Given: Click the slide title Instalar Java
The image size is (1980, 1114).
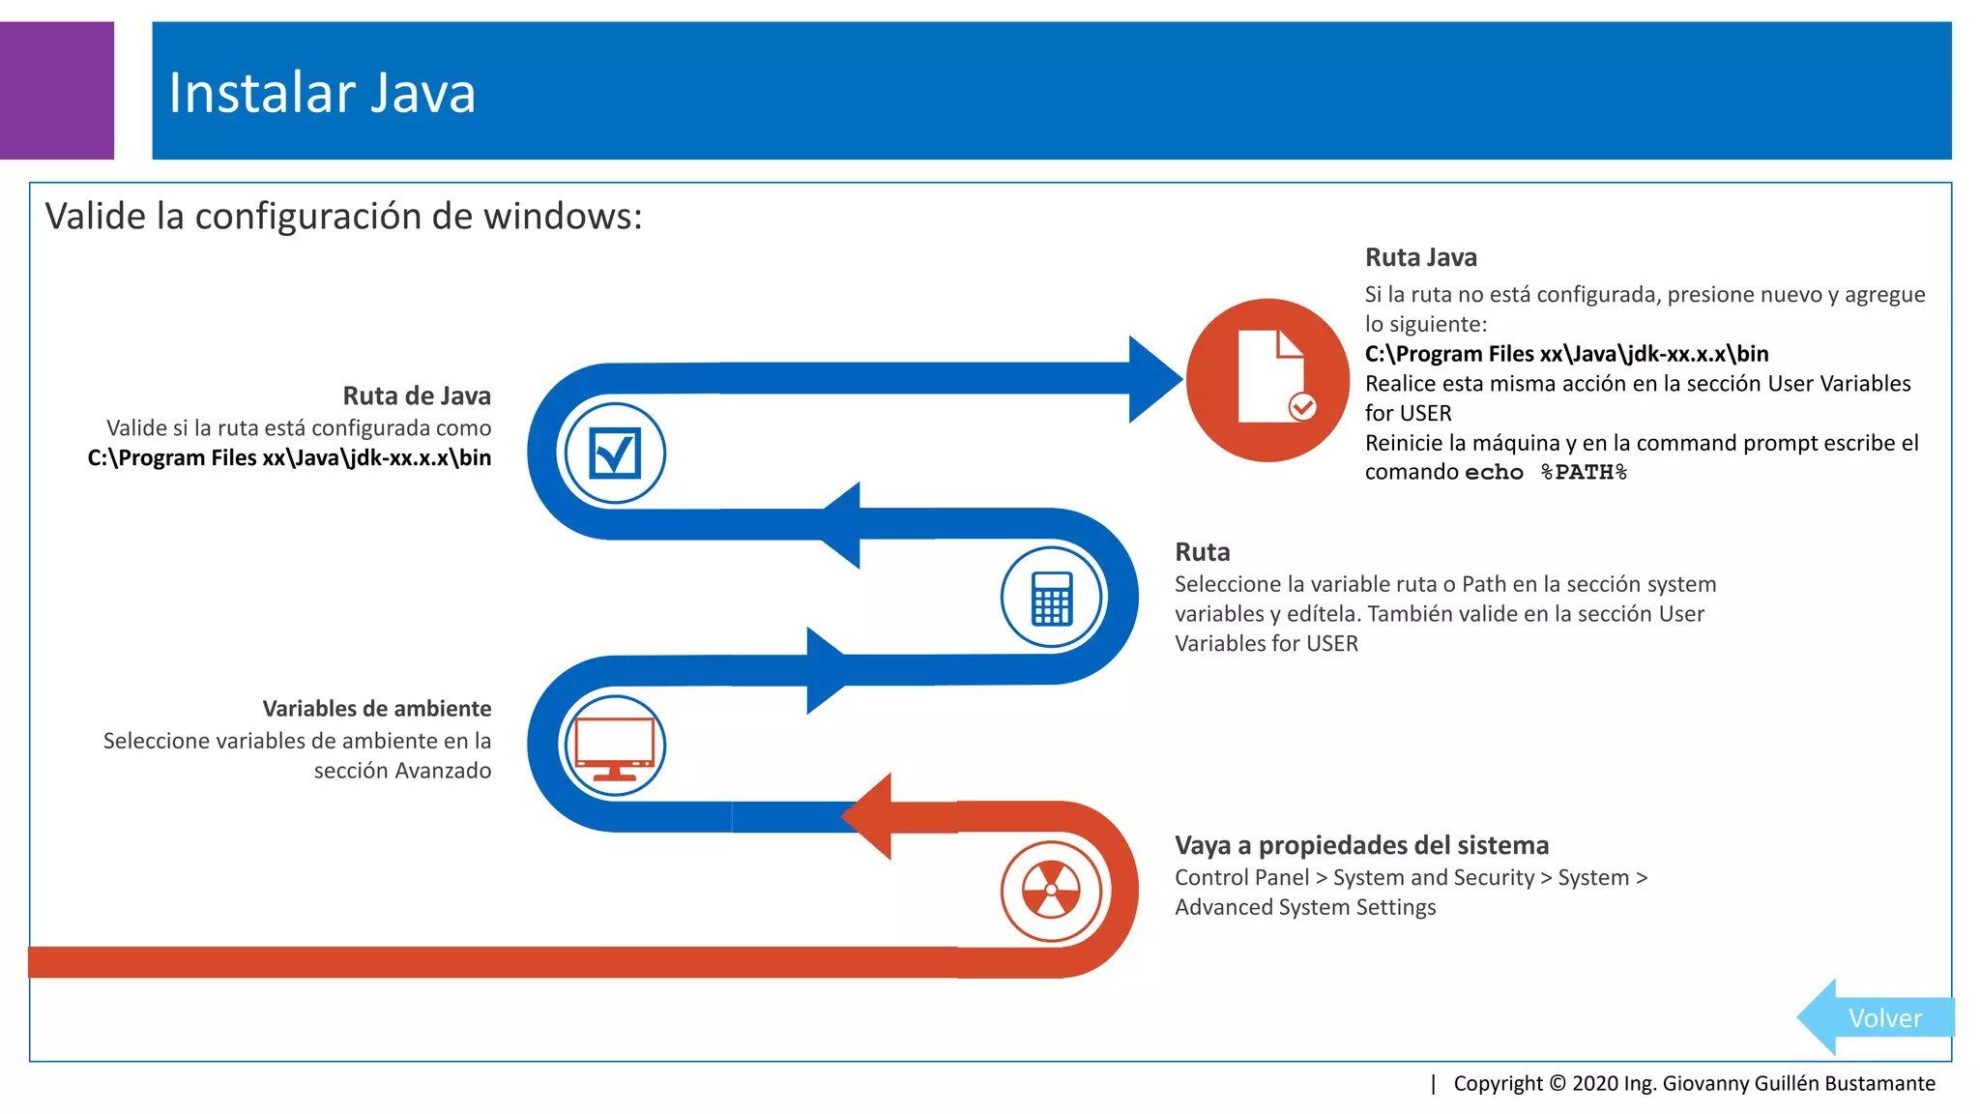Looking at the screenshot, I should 322,93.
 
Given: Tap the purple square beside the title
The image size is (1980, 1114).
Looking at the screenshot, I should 56,90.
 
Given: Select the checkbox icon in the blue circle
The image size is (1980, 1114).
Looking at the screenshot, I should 615,453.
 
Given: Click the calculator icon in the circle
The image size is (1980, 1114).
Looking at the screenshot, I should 1051,599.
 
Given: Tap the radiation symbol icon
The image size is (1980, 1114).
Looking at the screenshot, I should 1051,890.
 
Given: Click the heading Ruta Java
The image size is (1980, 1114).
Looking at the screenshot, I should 1420,258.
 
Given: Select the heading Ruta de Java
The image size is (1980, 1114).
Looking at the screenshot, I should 417,396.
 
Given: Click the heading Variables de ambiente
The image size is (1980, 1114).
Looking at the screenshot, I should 376,709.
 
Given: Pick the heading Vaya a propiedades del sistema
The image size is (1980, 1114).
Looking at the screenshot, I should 1361,845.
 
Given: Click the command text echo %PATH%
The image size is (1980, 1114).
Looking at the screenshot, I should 1546,473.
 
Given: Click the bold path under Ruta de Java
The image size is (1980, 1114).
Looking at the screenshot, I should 289,458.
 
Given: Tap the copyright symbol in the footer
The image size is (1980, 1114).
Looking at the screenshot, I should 1558,1083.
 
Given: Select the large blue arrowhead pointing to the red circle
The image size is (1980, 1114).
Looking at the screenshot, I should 1152,379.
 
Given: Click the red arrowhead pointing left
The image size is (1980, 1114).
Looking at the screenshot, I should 868,817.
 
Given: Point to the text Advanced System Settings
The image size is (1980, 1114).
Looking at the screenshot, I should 1305,907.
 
